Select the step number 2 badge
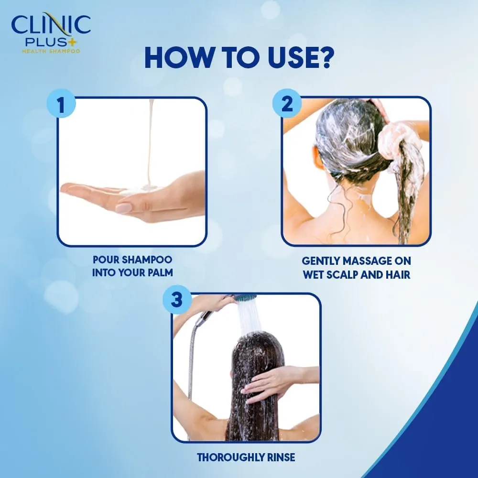(287, 105)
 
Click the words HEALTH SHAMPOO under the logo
(51, 51)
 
